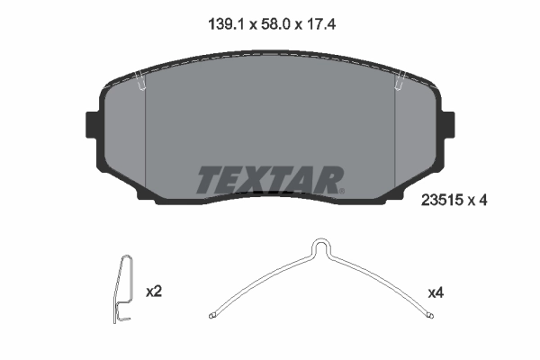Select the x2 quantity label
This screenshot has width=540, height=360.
click(153, 292)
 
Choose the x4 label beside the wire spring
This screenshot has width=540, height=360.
click(436, 292)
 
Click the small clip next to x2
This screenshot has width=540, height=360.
click(125, 290)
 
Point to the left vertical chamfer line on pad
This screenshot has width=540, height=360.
click(146, 135)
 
